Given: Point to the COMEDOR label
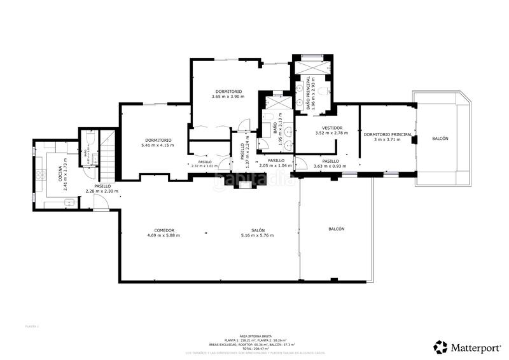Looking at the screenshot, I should click(x=164, y=230).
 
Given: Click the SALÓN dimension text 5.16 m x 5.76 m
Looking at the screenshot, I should click(x=258, y=236).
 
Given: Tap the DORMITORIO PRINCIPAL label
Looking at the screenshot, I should click(x=387, y=134).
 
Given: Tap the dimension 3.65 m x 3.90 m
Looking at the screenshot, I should click(x=228, y=97).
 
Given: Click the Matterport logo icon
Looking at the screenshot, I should click(x=440, y=347).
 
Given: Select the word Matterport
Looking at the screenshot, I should click(x=476, y=348).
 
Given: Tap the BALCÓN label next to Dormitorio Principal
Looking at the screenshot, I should click(x=440, y=139).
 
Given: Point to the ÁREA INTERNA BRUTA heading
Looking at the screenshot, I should click(x=253, y=335).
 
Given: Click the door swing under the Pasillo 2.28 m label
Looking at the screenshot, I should click(x=101, y=202).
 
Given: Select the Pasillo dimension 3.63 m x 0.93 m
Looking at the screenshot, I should click(x=330, y=166).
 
